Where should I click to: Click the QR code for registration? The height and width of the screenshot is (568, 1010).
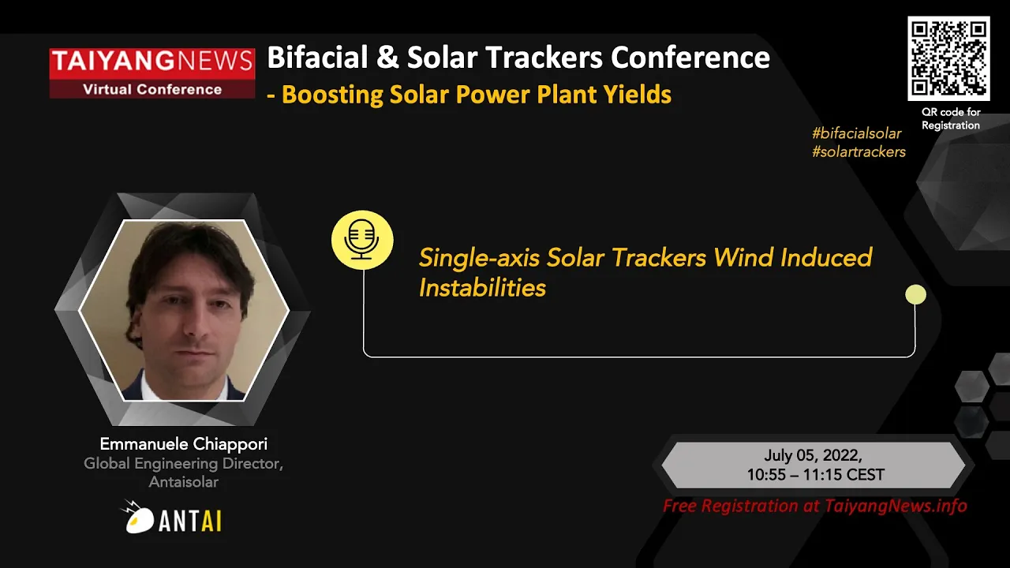[948, 58]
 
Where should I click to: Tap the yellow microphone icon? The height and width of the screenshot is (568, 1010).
[362, 240]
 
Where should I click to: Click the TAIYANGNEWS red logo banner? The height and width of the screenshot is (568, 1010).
[152, 73]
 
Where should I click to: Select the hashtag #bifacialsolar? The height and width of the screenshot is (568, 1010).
[856, 133]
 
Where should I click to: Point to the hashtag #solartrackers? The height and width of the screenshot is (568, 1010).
[858, 152]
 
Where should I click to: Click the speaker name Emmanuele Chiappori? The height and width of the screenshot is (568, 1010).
[184, 444]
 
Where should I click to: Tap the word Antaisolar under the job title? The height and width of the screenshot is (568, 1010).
[184, 482]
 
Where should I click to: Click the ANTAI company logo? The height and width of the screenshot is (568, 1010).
[171, 517]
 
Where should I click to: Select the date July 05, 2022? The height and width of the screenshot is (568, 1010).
[813, 455]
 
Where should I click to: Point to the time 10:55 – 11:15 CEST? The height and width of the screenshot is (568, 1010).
[816, 475]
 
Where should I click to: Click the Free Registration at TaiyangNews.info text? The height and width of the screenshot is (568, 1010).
[815, 506]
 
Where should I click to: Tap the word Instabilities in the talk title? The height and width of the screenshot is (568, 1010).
[482, 288]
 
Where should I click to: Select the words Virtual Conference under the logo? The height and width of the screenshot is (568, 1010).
[152, 89]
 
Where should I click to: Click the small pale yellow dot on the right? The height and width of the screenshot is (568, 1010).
[916, 295]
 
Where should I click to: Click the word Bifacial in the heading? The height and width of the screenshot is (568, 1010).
[317, 58]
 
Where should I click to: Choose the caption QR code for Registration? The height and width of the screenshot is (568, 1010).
[951, 118]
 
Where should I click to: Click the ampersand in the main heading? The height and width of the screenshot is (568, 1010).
[387, 58]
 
